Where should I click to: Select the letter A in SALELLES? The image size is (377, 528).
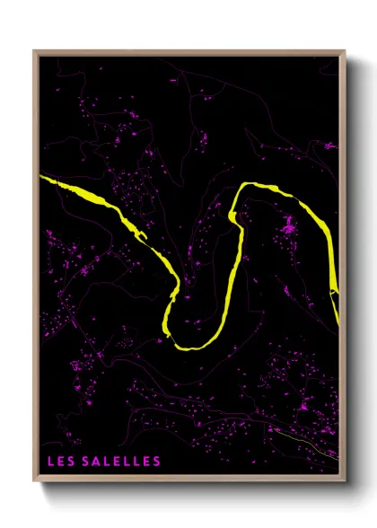pos(97,462)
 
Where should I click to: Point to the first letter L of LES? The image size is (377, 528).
pos(51,462)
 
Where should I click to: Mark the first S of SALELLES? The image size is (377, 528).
pos(86,462)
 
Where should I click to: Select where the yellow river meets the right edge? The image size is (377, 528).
pos(338,296)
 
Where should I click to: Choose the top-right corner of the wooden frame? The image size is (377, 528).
pos(345,51)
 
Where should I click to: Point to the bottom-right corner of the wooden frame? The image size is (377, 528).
pos(345,480)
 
